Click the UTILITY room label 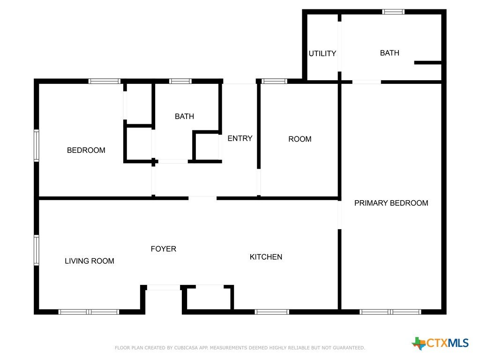[x=322, y=53]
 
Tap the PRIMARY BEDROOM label [x=391, y=203]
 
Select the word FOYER [x=164, y=249]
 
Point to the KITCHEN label [x=266, y=257]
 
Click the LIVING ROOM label [x=90, y=261]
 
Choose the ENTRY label [x=240, y=138]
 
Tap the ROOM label [x=300, y=139]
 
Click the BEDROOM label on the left [x=86, y=150]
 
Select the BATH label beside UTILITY [x=390, y=53]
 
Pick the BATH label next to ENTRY [x=184, y=116]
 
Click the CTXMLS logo [x=440, y=343]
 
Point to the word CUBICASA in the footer [x=186, y=348]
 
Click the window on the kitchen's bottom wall [x=272, y=312]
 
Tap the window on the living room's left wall [x=37, y=250]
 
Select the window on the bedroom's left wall [x=37, y=145]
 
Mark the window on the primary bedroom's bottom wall [x=390, y=312]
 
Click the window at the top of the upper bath [x=393, y=12]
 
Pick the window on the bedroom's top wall [x=105, y=81]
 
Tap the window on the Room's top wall [x=274, y=81]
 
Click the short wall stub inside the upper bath [x=428, y=62]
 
